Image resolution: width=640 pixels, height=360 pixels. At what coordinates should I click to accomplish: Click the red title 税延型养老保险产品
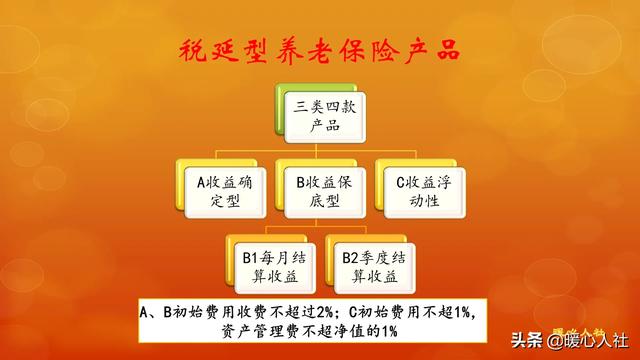(x=319, y=49)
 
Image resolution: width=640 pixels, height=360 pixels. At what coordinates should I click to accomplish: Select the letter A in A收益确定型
(x=200, y=182)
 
